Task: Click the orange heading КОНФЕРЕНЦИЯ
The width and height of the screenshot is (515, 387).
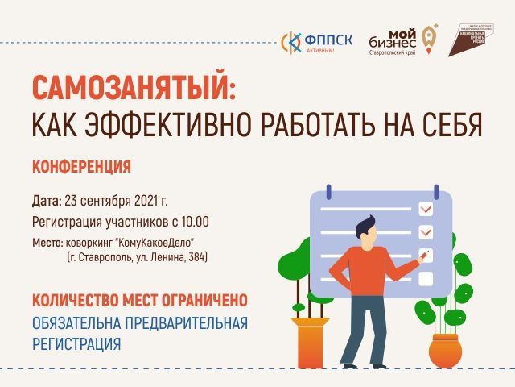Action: (81, 167)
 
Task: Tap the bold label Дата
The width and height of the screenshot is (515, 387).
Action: (46, 201)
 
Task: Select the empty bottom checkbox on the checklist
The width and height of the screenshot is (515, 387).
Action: (426, 279)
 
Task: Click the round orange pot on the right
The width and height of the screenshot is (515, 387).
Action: (444, 352)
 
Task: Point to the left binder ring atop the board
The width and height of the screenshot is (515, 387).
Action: (328, 194)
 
